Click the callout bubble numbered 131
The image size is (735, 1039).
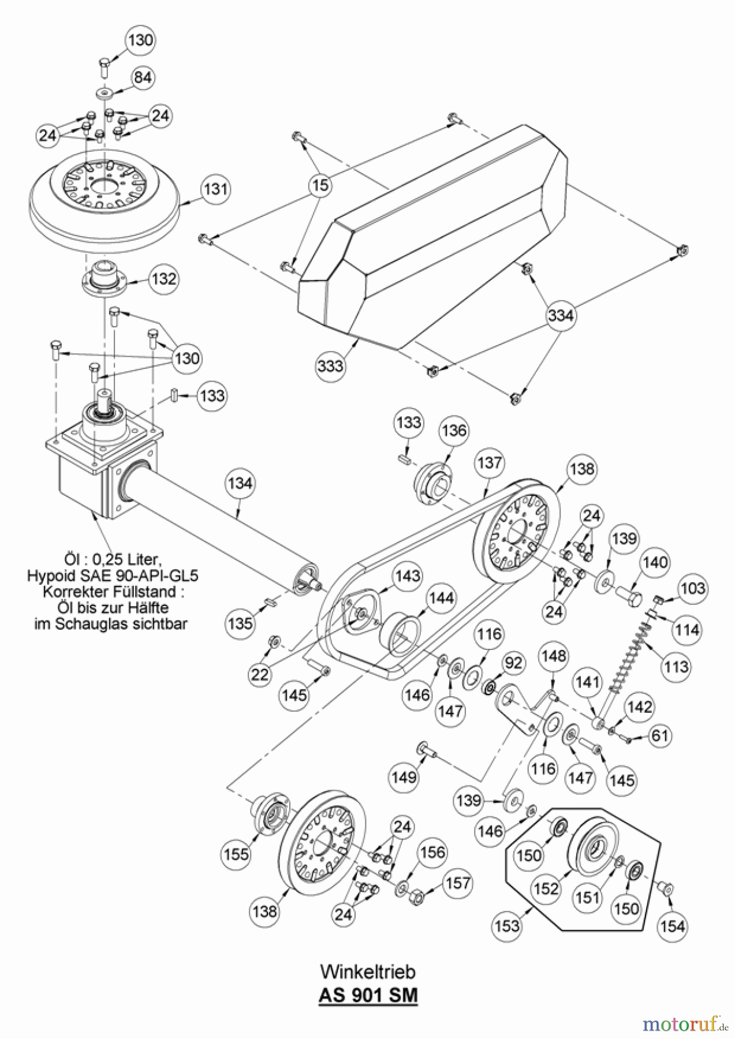pyautogui.click(x=215, y=189)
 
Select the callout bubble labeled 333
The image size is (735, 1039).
pyautogui.click(x=330, y=365)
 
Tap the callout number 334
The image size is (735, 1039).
pyautogui.click(x=561, y=315)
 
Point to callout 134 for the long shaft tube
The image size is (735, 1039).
pyautogui.click(x=240, y=482)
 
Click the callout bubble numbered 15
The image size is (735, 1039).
pyautogui.click(x=321, y=185)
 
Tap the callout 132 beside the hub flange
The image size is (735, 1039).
pyautogui.click(x=164, y=279)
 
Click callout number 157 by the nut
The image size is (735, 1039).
pyautogui.click(x=458, y=883)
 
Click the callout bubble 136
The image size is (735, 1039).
pyautogui.click(x=454, y=431)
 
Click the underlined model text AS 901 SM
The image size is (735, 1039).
pyautogui.click(x=367, y=995)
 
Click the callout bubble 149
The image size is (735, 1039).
pyautogui.click(x=404, y=776)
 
